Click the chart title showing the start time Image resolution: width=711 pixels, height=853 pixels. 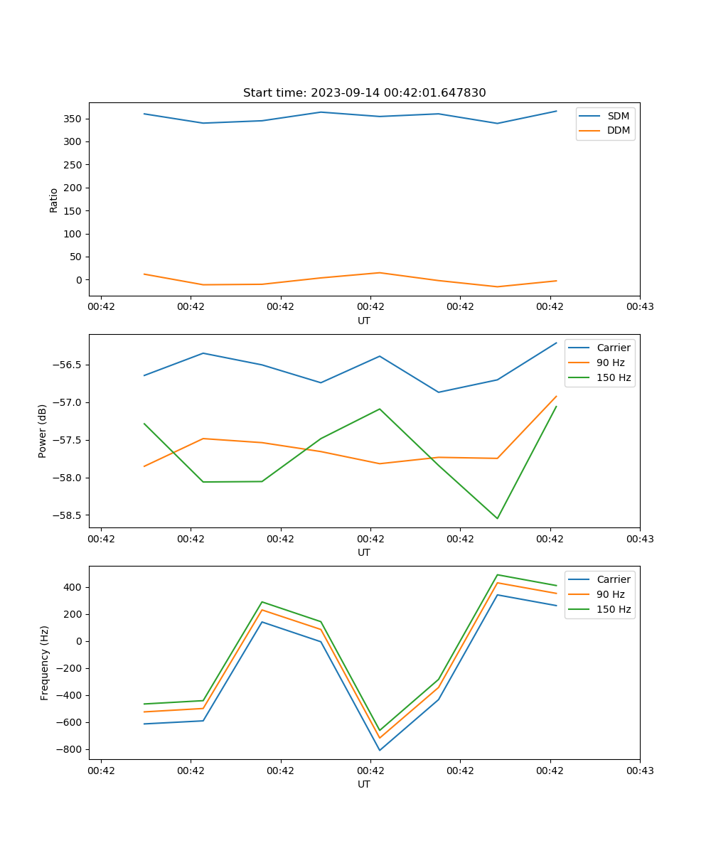tap(364, 93)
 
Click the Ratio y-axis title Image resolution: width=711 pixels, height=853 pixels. tap(54, 200)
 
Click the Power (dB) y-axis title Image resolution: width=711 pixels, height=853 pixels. tap(43, 431)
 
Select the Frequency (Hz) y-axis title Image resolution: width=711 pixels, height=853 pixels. tap(45, 662)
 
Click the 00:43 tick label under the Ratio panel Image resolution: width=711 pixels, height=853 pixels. tap(639, 306)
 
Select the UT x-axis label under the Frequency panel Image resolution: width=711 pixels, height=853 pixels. tap(364, 784)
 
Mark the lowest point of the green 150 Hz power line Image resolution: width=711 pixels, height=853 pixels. tap(497, 518)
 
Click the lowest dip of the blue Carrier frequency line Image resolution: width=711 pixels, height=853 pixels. tap(380, 750)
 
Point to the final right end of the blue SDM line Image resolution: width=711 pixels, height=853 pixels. tap(556, 111)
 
